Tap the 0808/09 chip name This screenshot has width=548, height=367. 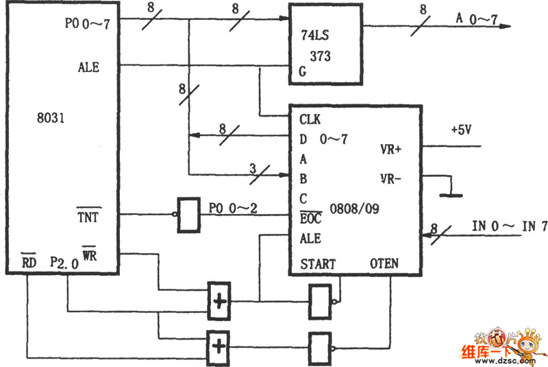(353, 208)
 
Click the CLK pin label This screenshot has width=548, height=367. (310, 119)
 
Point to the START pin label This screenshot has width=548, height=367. (318, 263)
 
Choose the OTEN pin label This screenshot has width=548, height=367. (384, 263)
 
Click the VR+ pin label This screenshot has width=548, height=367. (392, 149)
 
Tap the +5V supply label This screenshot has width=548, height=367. (460, 130)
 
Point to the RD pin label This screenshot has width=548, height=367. (29, 262)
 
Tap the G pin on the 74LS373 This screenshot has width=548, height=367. (301, 71)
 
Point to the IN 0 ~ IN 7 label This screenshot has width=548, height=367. (510, 226)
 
